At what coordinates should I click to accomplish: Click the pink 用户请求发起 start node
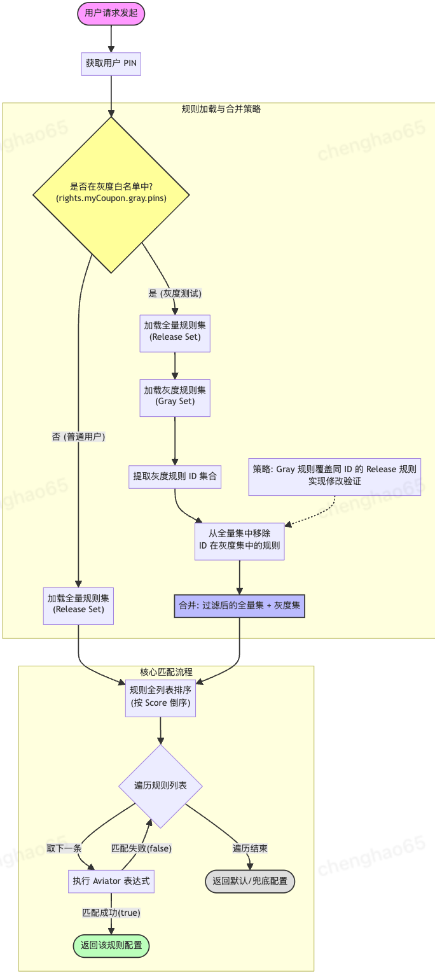point(111,12)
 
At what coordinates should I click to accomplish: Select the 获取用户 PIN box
point(111,63)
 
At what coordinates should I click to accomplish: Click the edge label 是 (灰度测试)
point(175,293)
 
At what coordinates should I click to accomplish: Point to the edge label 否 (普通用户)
point(78,437)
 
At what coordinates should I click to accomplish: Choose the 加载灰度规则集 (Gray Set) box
point(175,396)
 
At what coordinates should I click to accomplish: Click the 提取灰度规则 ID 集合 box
point(175,475)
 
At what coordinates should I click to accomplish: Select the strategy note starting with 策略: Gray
point(335,475)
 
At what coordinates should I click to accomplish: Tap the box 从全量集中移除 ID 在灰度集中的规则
point(239,540)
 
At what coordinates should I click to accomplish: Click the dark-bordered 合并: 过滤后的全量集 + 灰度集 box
point(239,606)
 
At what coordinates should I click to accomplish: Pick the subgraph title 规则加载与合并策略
point(221,109)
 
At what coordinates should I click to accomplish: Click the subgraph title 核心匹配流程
point(166,672)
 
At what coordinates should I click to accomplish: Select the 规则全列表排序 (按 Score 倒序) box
point(160,698)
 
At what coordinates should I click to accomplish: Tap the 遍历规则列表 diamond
point(160,786)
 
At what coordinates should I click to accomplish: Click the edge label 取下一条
point(64,848)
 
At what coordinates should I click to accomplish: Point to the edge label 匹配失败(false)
point(141,848)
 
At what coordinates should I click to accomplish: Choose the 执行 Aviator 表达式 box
point(111,881)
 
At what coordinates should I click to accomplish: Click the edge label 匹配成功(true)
point(111,913)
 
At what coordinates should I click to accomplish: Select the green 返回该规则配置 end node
point(111,945)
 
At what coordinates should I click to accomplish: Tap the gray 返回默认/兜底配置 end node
point(250,881)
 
